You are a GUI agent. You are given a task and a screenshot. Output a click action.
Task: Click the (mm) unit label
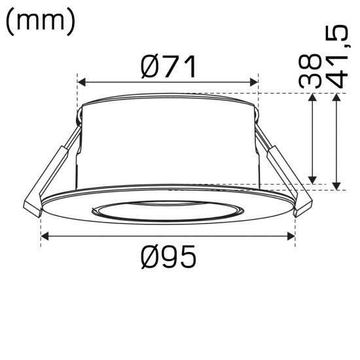(x=41, y=21)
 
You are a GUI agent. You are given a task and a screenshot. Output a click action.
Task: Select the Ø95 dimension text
(x=168, y=259)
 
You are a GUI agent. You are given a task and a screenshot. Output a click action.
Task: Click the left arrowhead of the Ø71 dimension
(x=82, y=82)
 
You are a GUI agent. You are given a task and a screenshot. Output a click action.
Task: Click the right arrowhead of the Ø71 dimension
(x=255, y=82)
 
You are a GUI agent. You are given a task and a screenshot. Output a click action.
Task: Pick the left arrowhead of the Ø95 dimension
(x=45, y=236)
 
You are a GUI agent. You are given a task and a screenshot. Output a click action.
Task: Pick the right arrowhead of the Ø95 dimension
(x=291, y=236)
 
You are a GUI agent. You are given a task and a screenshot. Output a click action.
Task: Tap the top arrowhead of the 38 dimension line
(x=314, y=98)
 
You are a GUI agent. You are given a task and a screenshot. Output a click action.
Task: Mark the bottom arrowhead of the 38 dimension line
(x=314, y=180)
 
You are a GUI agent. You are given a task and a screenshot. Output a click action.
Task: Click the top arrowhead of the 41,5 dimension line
(x=336, y=98)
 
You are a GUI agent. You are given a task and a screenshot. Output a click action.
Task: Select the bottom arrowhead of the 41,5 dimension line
(x=336, y=186)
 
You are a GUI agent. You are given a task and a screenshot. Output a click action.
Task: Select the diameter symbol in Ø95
(x=149, y=259)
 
